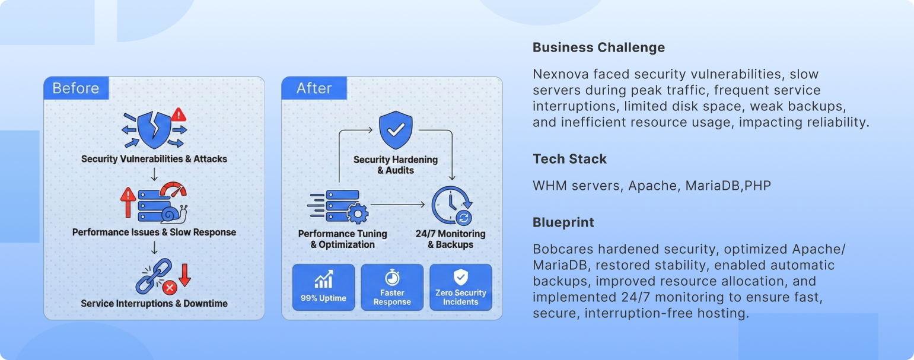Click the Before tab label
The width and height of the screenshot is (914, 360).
76,88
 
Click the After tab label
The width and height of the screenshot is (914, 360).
314,88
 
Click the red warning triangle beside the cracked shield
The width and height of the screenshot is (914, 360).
179,114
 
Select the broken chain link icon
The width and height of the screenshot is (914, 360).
154,276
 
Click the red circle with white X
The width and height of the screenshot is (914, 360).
170,288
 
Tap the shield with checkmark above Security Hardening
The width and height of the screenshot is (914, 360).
396,130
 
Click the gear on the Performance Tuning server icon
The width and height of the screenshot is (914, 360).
358,213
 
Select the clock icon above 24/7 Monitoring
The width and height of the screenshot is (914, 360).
452,205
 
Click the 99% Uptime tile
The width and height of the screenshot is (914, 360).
324,287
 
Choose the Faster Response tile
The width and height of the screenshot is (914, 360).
392,287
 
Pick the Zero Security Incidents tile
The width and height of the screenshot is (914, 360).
461,287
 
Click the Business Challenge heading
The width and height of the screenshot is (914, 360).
598,47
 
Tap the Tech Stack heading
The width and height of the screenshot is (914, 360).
569,159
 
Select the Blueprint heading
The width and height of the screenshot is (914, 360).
563,222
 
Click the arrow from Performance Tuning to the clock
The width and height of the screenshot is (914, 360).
398,205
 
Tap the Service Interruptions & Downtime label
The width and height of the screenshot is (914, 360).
154,304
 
